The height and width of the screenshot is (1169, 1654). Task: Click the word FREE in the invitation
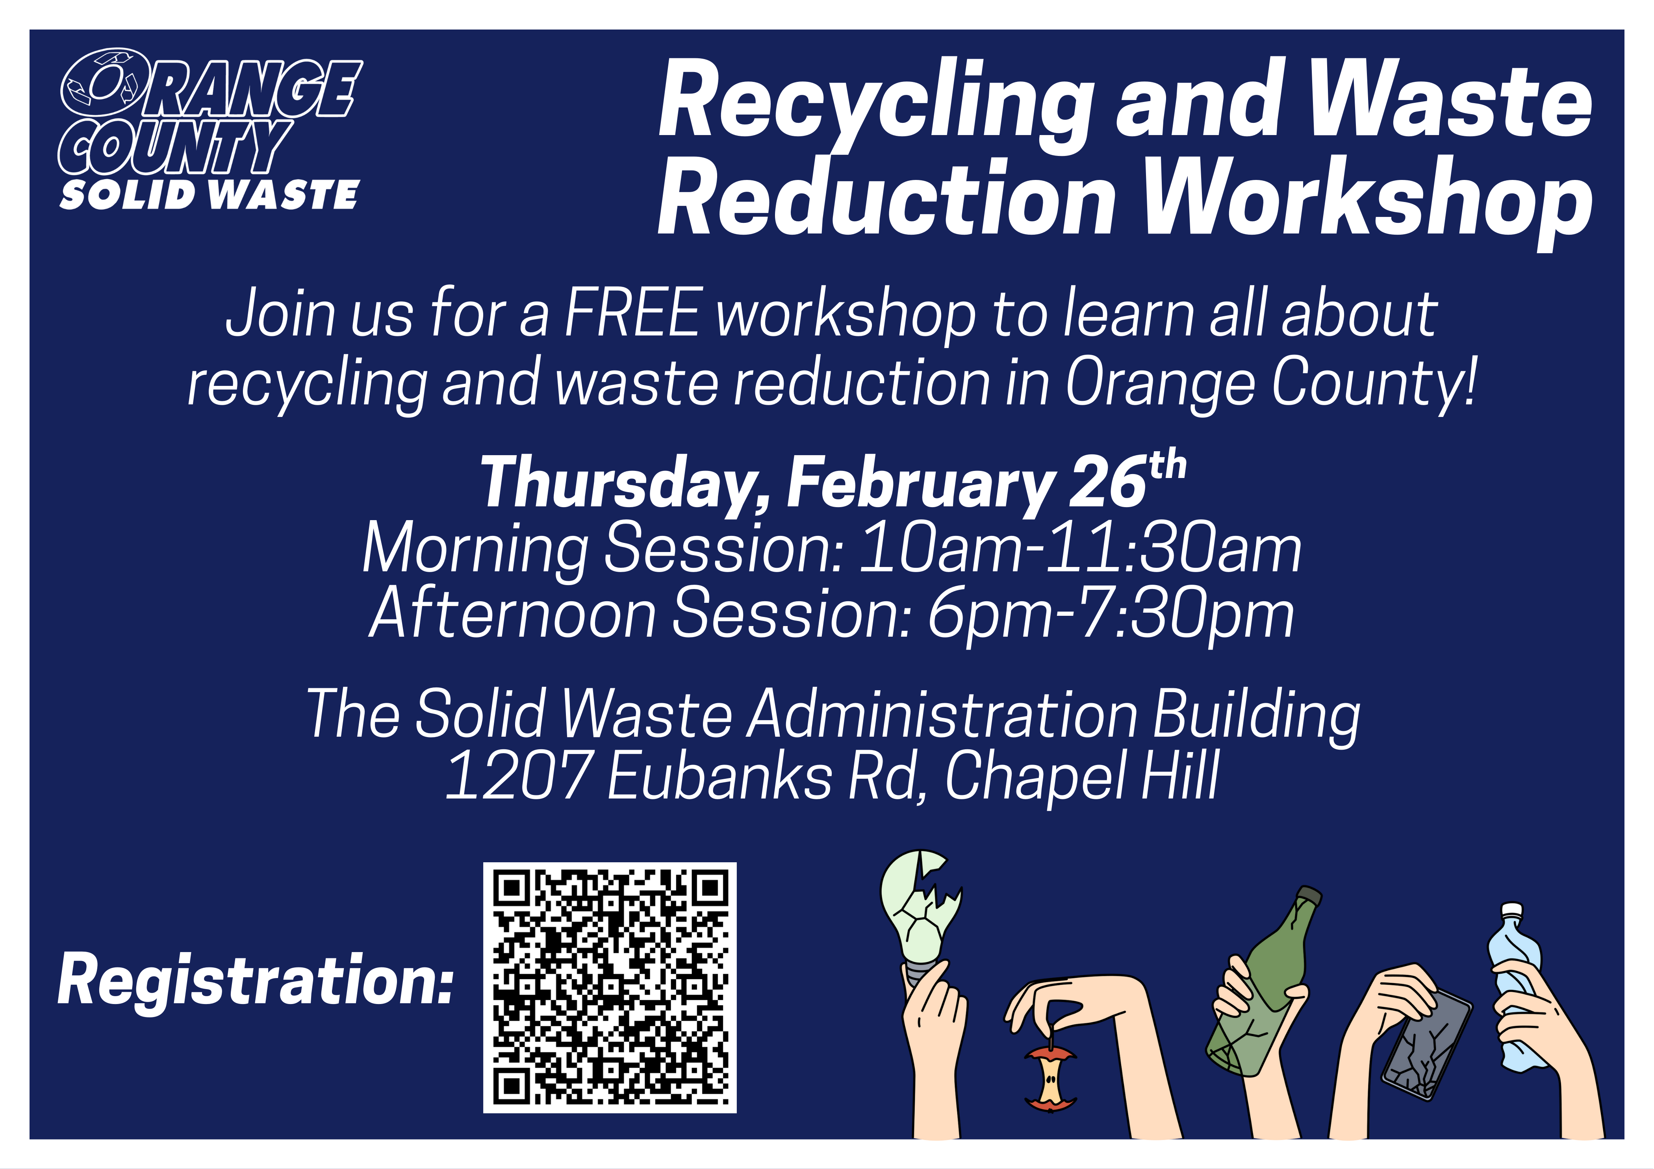click(x=632, y=313)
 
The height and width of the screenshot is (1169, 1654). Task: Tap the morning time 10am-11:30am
click(x=1081, y=549)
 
